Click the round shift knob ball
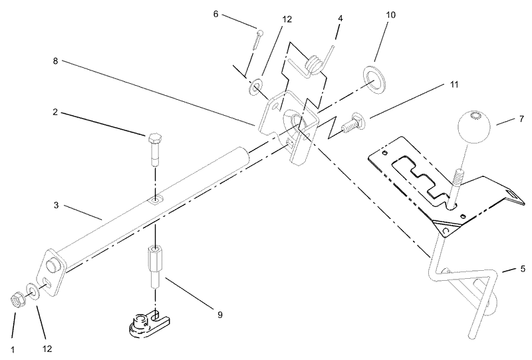474,126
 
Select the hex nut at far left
16,300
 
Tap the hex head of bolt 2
155,139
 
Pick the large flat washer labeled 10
374,79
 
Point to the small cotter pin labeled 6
258,41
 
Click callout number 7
521,118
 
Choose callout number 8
55,61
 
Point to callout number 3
56,206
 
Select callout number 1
13,350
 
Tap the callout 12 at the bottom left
47,349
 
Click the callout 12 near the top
287,19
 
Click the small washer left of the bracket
255,87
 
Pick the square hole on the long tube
156,202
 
